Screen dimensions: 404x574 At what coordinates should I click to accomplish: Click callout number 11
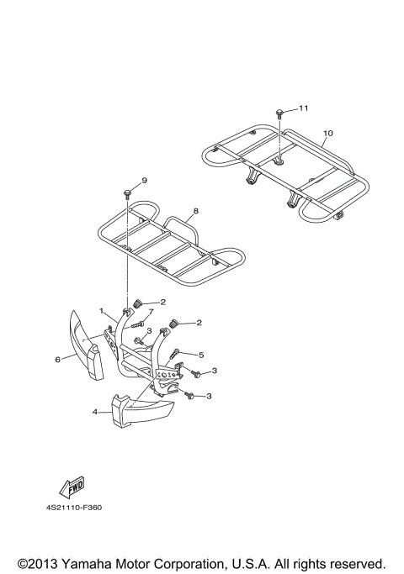coord(303,108)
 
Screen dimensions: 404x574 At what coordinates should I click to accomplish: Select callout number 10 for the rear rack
coord(328,134)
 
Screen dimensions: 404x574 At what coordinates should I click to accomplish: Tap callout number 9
coord(144,180)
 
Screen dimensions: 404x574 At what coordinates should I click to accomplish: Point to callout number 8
coord(195,211)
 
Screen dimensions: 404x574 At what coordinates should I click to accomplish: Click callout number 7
coord(151,312)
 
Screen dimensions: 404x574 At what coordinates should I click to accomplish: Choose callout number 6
coord(57,360)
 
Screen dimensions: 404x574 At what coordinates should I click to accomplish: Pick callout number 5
coord(201,355)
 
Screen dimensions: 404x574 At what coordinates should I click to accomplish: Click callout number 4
coord(95,412)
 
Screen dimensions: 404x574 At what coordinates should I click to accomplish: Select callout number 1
coord(101,311)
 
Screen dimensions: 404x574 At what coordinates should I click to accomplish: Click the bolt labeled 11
coord(279,113)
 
